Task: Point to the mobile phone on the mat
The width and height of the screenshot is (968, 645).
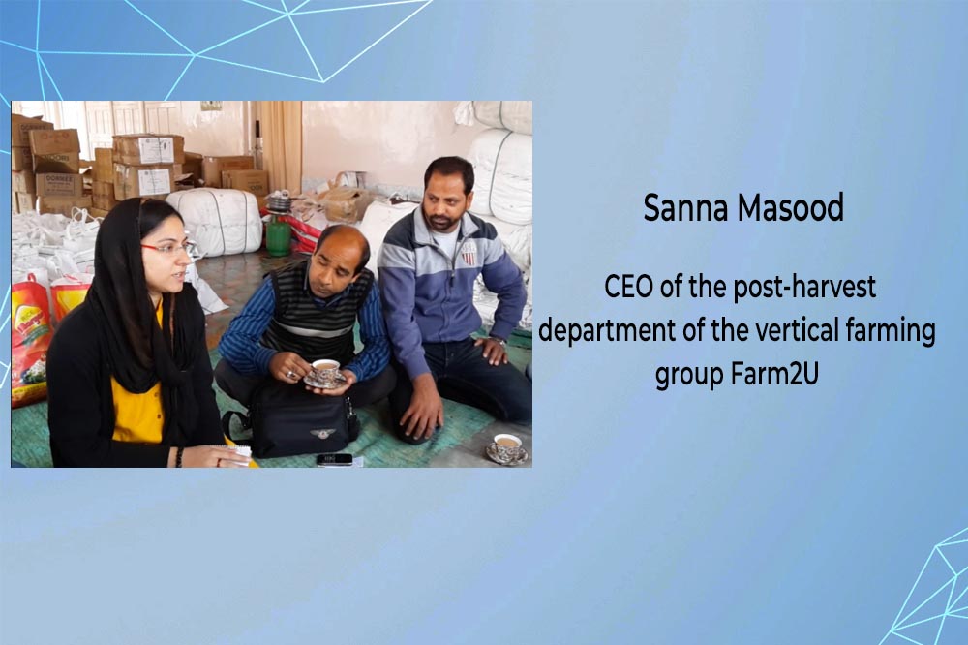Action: pyautogui.click(x=335, y=460)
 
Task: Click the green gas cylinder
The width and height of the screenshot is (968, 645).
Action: pyautogui.click(x=279, y=233)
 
